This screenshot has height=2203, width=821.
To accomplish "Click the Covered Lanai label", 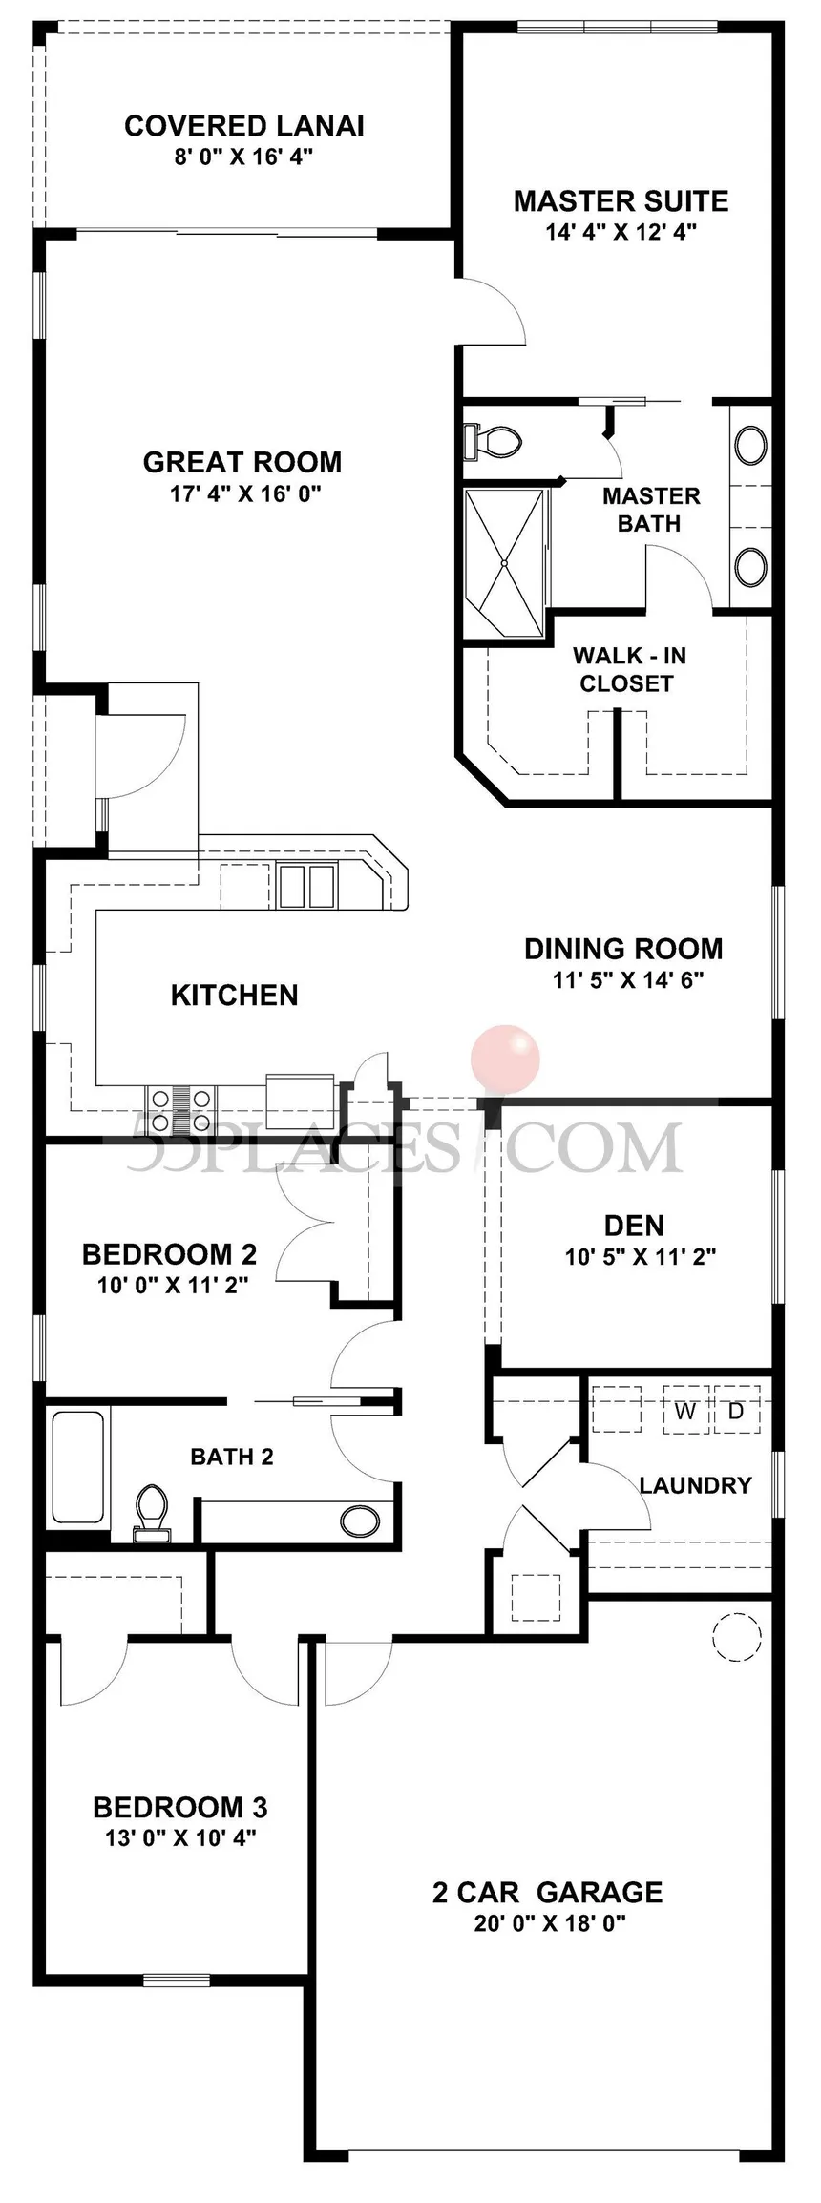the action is pyautogui.click(x=244, y=126).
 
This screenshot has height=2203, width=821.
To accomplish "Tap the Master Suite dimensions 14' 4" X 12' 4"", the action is pyautogui.click(x=621, y=232).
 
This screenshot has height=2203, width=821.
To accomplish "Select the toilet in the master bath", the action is pyautogui.click(x=493, y=441).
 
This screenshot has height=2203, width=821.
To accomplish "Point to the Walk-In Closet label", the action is pyautogui.click(x=628, y=669).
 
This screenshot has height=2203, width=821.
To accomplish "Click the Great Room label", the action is pyautogui.click(x=242, y=462).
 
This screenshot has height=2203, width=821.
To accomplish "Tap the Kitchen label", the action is pyautogui.click(x=235, y=995).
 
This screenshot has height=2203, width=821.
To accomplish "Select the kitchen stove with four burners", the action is pyautogui.click(x=181, y=1110).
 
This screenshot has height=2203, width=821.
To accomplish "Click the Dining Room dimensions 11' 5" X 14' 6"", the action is pyautogui.click(x=628, y=979).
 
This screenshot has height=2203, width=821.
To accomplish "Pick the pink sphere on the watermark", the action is pyautogui.click(x=505, y=1059).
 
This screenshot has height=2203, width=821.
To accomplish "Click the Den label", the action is pyautogui.click(x=634, y=1226).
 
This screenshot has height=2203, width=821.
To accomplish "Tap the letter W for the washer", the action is pyautogui.click(x=685, y=1411).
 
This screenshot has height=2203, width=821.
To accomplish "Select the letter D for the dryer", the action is pyautogui.click(x=735, y=1411).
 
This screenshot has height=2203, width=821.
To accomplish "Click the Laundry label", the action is pyautogui.click(x=696, y=1485).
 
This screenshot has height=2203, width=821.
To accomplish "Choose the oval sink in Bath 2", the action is pyautogui.click(x=358, y=1517).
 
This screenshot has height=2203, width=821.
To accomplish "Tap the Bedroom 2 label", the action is pyautogui.click(x=170, y=1253).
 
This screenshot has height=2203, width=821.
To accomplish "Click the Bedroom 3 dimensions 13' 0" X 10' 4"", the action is pyautogui.click(x=180, y=1837).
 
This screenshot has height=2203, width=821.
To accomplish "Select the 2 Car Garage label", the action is pyautogui.click(x=548, y=1892).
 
